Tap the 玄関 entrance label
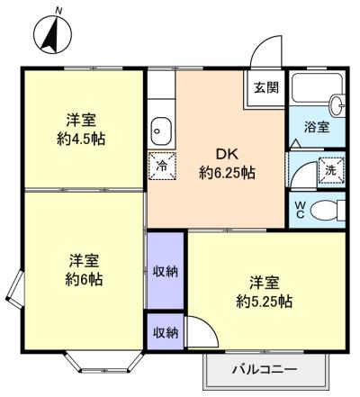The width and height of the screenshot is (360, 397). (265, 87)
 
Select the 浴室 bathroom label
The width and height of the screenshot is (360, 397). (317, 128)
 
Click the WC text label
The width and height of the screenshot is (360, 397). (301, 209)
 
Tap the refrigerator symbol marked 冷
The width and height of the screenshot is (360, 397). (162, 166)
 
